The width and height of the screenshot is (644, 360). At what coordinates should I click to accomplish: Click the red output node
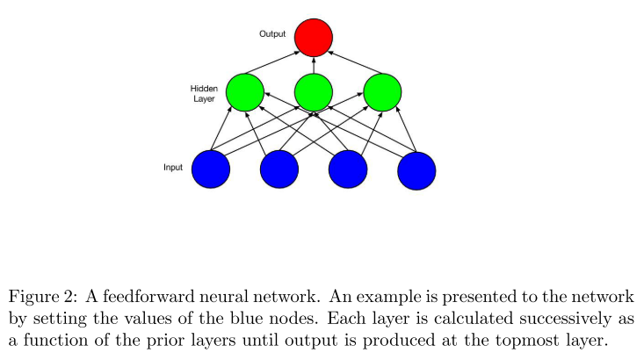314,37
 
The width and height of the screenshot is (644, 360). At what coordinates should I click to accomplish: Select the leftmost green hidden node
245,91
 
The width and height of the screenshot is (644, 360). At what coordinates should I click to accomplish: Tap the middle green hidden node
314,91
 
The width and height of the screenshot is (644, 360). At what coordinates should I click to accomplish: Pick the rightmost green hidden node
382,91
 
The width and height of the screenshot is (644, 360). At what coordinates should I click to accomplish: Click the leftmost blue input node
211,169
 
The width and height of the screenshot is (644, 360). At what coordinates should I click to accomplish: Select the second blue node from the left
279,169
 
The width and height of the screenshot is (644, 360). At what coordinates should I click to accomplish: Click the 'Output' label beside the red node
272,34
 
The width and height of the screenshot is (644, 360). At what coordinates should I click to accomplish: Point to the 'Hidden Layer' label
204,94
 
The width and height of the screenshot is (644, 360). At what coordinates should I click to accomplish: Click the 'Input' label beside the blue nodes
173,167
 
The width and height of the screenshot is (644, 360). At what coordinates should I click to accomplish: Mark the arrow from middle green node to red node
314,65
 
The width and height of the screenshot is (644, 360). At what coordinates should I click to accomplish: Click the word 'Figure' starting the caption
31,296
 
